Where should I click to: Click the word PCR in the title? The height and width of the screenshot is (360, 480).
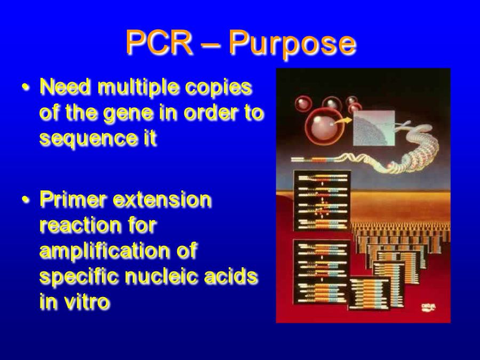[x=159, y=42]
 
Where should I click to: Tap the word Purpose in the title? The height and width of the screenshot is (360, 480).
[x=292, y=44]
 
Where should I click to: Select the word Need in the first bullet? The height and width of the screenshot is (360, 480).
[x=65, y=86]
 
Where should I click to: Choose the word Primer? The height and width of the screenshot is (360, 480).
[x=73, y=199]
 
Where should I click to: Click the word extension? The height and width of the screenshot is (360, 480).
[x=162, y=199]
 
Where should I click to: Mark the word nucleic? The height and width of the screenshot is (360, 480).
[x=161, y=276]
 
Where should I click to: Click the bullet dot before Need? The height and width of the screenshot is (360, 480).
[x=26, y=87]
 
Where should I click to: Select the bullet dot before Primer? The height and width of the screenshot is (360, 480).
[x=26, y=199]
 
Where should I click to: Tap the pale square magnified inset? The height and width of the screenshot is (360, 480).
[x=374, y=128]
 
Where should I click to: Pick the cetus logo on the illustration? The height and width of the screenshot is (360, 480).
[x=429, y=307]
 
